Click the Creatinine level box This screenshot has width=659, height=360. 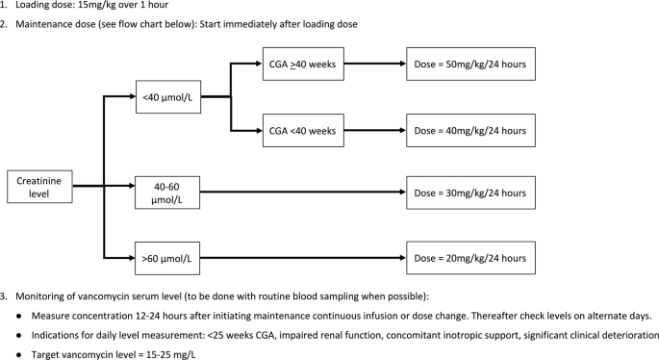point(38,186)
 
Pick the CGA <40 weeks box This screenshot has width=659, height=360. point(302,129)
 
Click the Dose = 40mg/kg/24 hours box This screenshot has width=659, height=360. point(469,129)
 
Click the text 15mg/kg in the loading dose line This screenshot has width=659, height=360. point(103,5)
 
